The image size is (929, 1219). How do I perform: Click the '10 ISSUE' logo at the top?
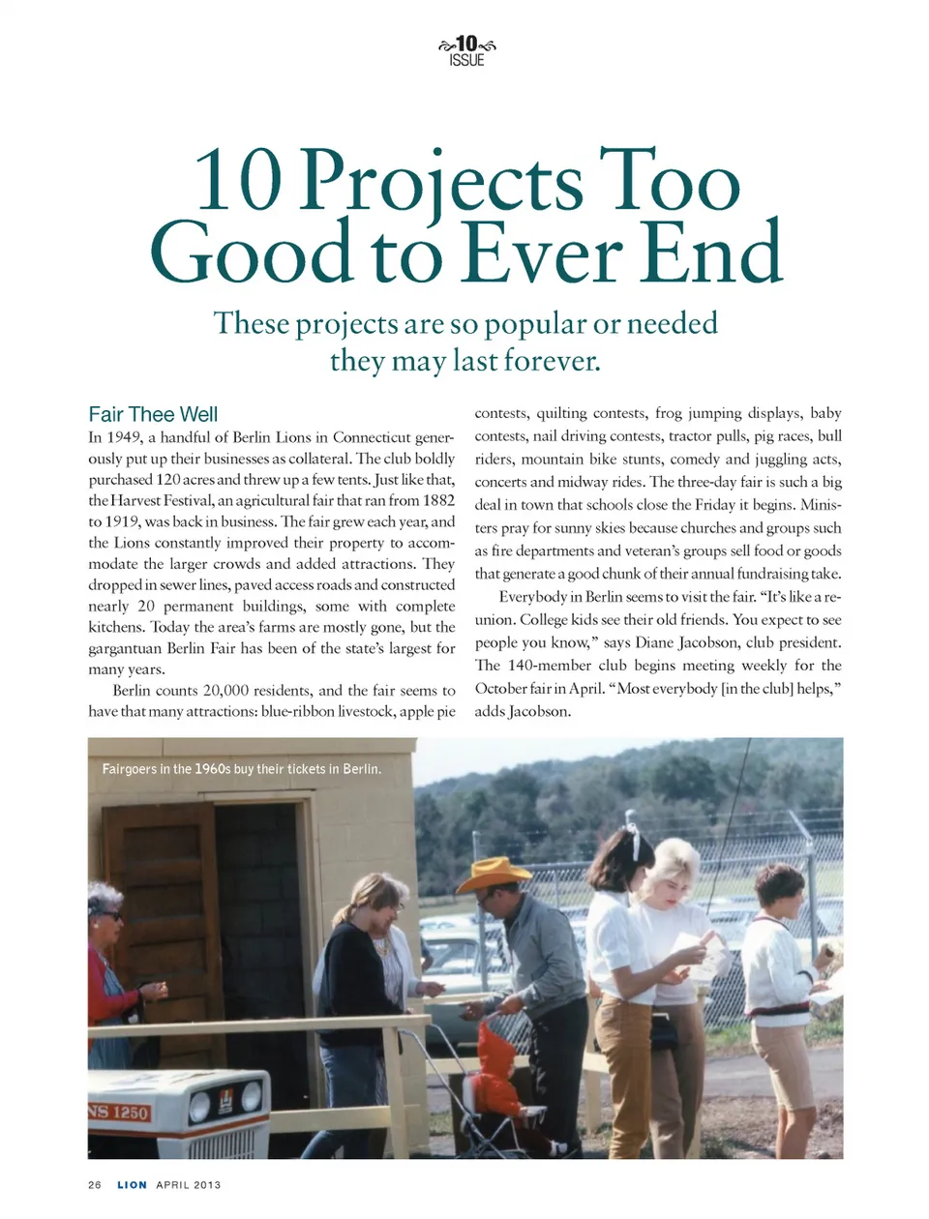click(x=466, y=50)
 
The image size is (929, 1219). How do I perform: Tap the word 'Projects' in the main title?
click(x=441, y=181)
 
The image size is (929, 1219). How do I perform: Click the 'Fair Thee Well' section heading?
click(x=153, y=415)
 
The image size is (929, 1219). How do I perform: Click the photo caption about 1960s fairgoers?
click(x=242, y=769)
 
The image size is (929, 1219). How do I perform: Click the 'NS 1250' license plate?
click(x=119, y=1113)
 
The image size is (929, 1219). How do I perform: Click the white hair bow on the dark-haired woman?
click(x=634, y=842)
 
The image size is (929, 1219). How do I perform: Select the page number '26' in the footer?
click(x=95, y=1185)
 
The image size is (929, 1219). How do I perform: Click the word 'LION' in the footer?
click(x=133, y=1185)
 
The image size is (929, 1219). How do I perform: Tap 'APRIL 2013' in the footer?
click(x=189, y=1185)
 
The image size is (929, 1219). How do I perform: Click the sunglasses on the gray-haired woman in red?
click(x=109, y=914)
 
